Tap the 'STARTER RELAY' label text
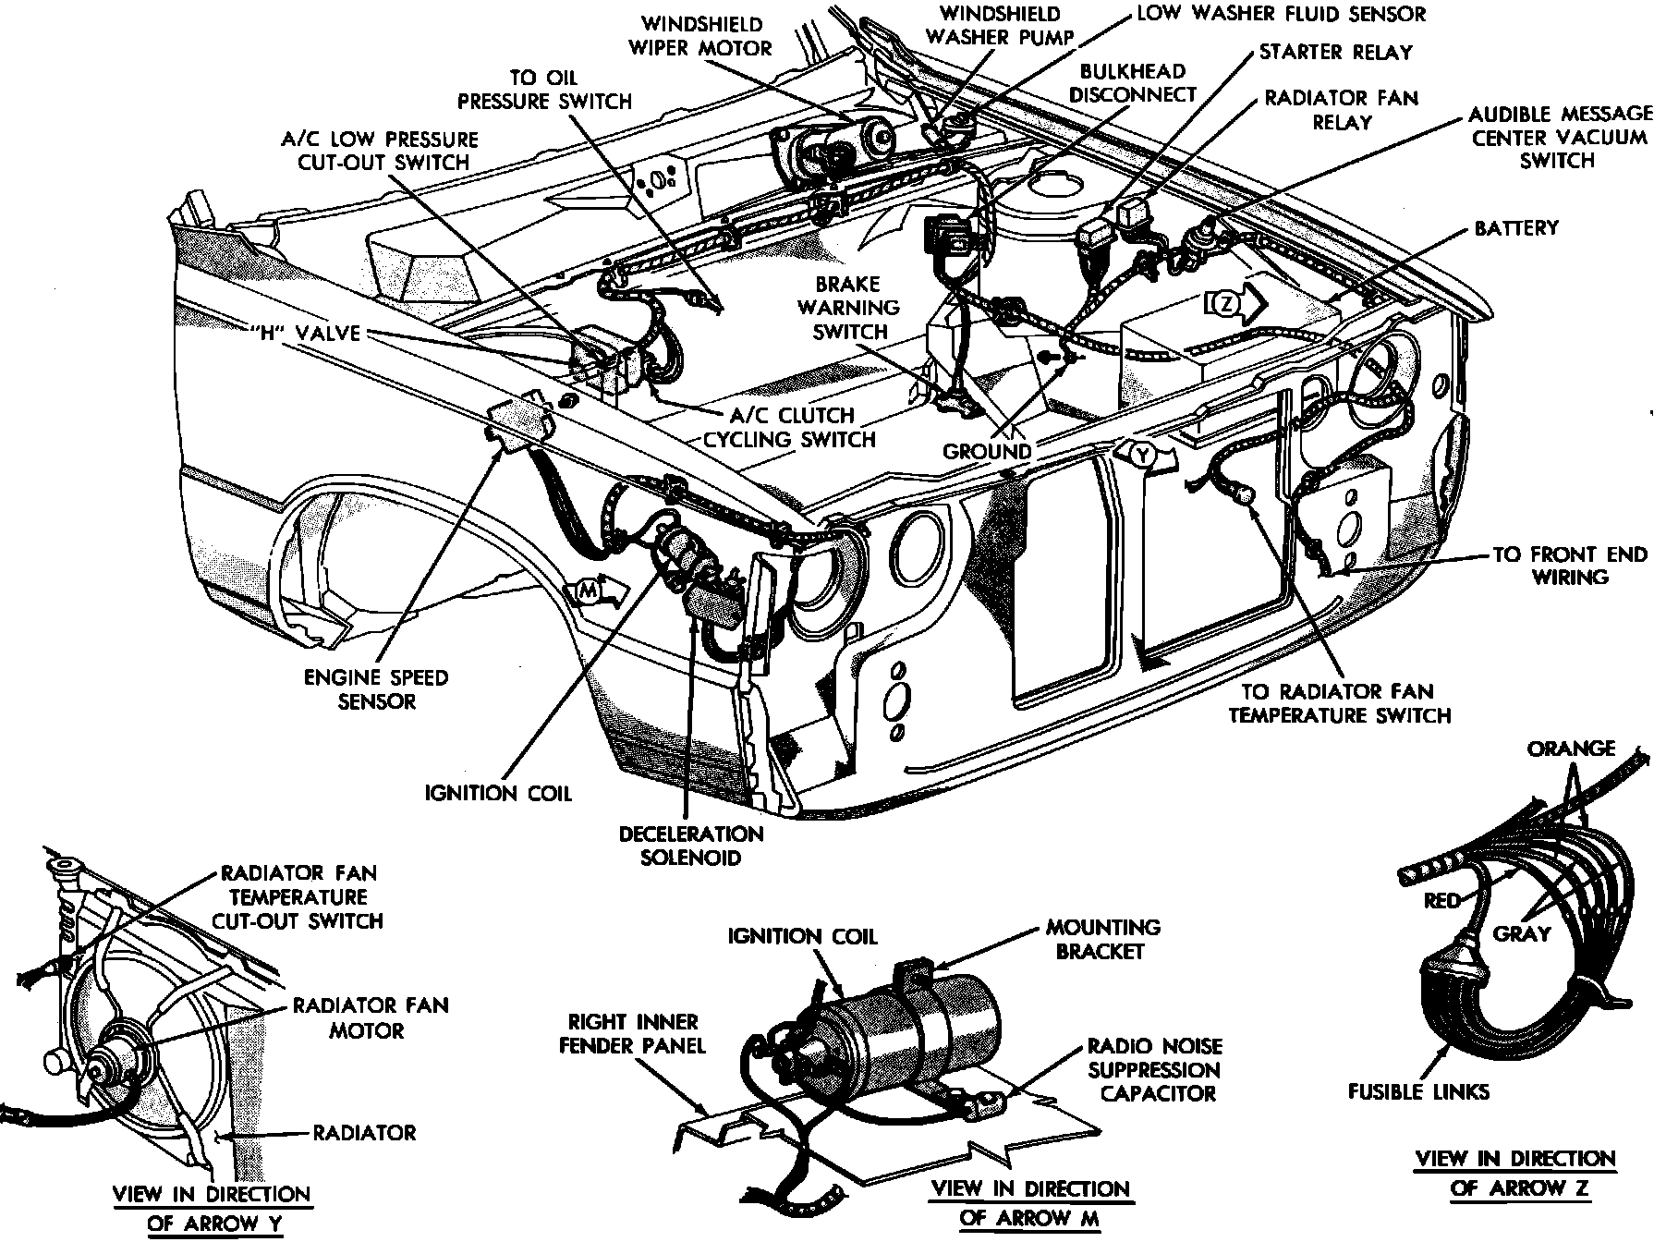pos(1335,52)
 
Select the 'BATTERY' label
pos(1515,227)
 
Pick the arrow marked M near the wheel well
pos(597,591)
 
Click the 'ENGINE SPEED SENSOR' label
pos(376,689)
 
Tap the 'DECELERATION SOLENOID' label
pos(691,845)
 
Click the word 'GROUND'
pos(986,452)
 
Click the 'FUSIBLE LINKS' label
pos(1418,1091)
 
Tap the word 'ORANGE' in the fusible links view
pos(1571,748)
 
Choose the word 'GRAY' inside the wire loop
pos(1521,933)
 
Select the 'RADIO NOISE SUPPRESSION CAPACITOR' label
pos(1154,1070)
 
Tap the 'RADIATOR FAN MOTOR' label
pos(370,1017)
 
